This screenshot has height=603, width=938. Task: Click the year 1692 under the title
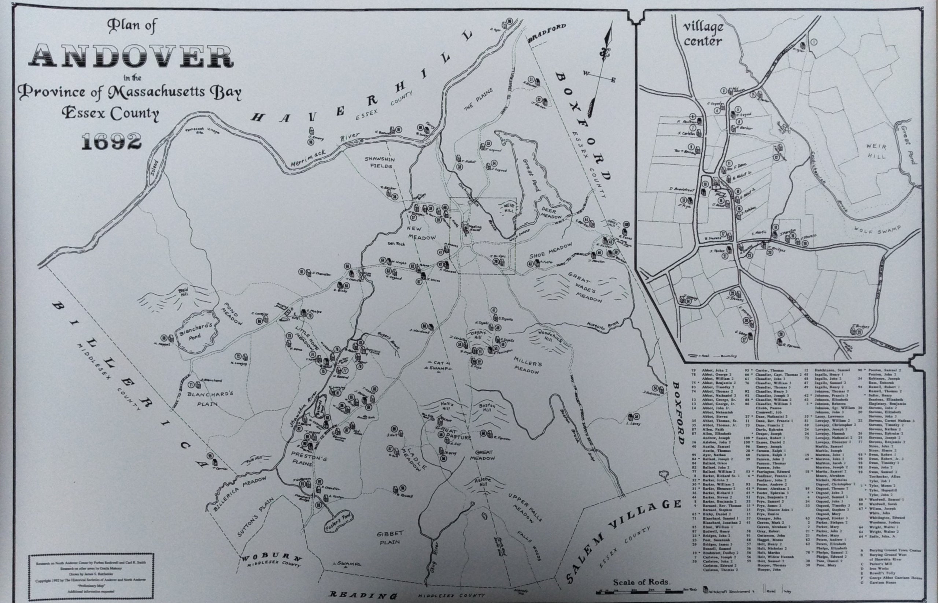(112, 141)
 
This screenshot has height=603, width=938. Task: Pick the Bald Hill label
(183, 292)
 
